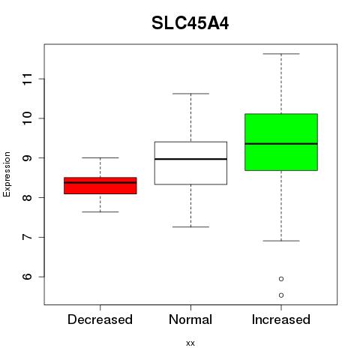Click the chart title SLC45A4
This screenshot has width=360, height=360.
point(190,23)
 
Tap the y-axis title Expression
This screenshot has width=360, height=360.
point(7,174)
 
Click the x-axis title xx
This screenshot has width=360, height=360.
point(190,343)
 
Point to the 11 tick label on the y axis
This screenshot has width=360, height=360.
point(28,79)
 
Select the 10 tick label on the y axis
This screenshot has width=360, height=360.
point(28,118)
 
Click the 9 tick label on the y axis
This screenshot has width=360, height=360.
point(28,158)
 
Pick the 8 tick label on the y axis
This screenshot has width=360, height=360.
point(28,197)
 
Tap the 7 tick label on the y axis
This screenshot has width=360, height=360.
point(28,237)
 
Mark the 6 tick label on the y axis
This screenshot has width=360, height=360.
point(28,277)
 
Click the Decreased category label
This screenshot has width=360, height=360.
point(100,319)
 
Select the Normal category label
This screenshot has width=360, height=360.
point(190,319)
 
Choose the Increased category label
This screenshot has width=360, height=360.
point(281,319)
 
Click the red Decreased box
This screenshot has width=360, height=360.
point(100,185)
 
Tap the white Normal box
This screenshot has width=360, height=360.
point(190,163)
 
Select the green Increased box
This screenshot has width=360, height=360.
point(281,142)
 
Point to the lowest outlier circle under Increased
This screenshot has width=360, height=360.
point(281,295)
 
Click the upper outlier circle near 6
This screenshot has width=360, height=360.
point(281,279)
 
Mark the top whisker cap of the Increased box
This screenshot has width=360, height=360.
point(281,54)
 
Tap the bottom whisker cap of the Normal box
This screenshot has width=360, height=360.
point(190,227)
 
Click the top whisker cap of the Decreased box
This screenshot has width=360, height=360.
point(100,157)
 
